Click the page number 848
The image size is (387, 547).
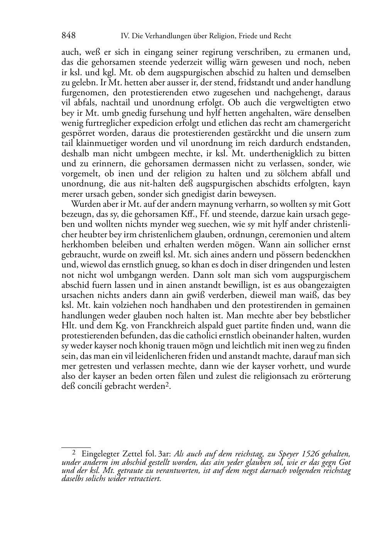[x=68, y=36]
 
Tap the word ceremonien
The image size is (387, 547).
[x=288, y=234]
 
